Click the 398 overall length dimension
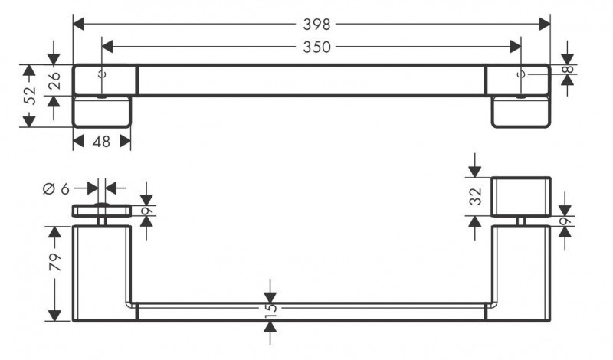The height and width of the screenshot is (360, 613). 312,23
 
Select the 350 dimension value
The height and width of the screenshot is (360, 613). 312,47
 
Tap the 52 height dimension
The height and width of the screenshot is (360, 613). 29,96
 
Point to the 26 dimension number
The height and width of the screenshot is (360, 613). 54,81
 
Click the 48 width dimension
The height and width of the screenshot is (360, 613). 101,142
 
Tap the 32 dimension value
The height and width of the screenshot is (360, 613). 476,196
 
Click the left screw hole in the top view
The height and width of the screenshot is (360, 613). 102,75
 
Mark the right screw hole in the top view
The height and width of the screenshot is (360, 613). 522,75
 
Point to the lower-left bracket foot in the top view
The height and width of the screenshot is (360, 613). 103,112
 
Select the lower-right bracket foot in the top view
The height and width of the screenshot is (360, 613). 520,112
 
